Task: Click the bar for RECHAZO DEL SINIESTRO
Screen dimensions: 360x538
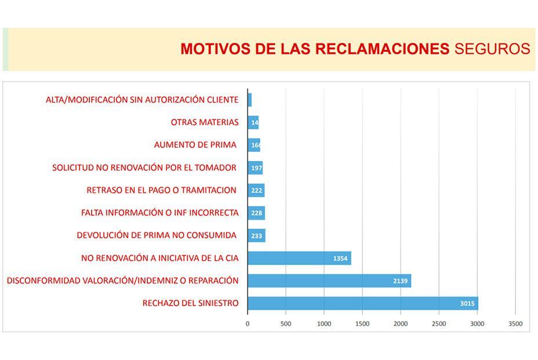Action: pyautogui.click(x=362, y=303)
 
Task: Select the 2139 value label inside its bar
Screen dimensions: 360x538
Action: pyautogui.click(x=401, y=281)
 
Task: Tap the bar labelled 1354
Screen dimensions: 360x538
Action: pyautogui.click(x=299, y=259)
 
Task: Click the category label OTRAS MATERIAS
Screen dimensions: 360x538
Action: pyautogui.click(x=205, y=122)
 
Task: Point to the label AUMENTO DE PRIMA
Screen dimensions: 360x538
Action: pyautogui.click(x=195, y=145)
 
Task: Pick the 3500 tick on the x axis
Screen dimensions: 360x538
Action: pyautogui.click(x=515, y=323)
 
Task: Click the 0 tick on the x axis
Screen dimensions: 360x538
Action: pyautogui.click(x=248, y=323)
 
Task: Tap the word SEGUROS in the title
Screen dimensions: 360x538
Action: pyautogui.click(x=492, y=49)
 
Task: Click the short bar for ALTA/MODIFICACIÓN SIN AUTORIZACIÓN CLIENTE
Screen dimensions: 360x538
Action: pyautogui.click(x=250, y=100)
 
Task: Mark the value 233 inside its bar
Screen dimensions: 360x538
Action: pyautogui.click(x=257, y=236)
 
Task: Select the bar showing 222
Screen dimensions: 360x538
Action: pyautogui.click(x=256, y=191)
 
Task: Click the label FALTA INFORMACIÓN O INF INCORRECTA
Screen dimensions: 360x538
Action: pyautogui.click(x=159, y=213)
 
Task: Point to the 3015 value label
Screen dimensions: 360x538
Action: pyautogui.click(x=468, y=303)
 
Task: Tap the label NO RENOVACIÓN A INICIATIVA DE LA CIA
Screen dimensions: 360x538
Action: pyautogui.click(x=159, y=258)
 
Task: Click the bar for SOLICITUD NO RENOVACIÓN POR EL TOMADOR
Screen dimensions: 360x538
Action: pyautogui.click(x=255, y=168)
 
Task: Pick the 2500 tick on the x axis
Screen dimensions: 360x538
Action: pyautogui.click(x=439, y=323)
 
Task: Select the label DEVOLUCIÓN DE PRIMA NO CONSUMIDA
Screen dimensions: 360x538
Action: pyautogui.click(x=157, y=235)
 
